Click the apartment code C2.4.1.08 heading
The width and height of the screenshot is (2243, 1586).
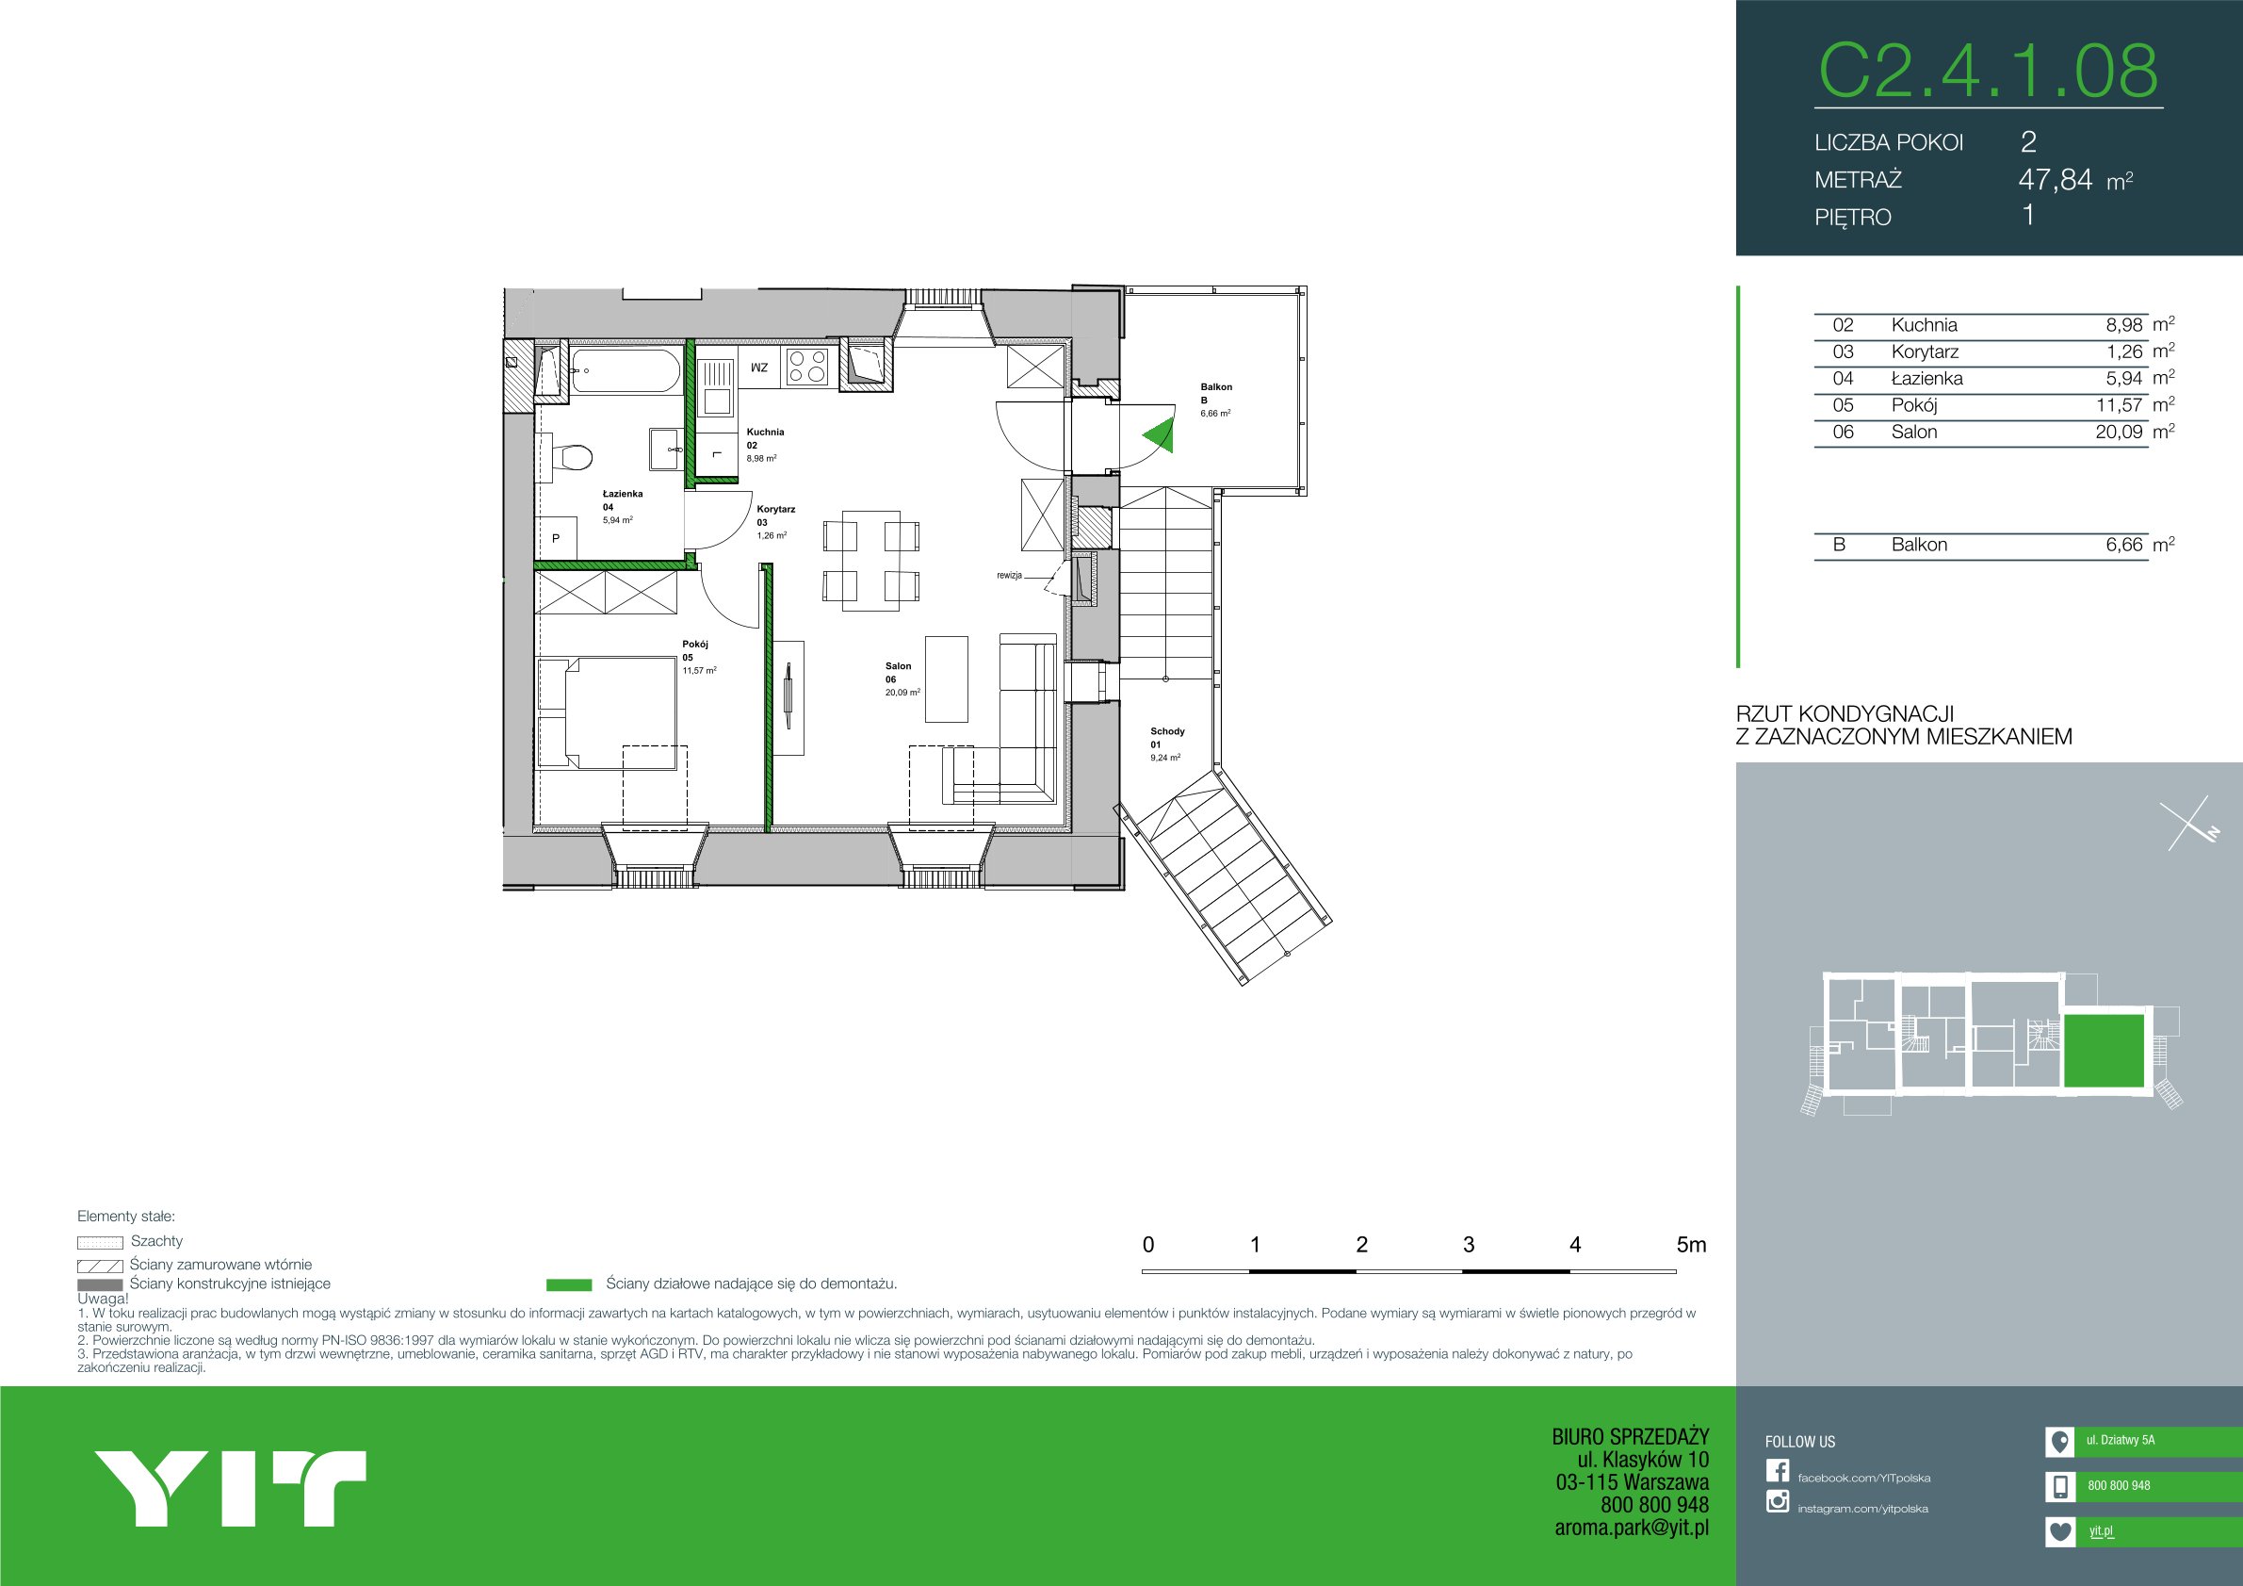1988,71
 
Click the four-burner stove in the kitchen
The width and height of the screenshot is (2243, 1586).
807,367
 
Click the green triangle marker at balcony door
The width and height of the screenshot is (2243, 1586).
1159,434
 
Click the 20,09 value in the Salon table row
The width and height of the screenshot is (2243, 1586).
2118,432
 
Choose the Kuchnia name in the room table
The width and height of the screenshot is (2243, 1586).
1924,325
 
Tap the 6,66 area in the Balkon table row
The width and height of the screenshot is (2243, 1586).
2123,545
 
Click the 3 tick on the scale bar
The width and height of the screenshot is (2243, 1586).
1469,1244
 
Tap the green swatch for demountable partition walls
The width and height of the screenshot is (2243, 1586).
569,1285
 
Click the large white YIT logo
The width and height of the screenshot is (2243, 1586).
230,1488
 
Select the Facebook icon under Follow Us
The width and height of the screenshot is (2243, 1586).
1777,1471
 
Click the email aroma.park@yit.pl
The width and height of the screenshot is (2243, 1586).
1632,1528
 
